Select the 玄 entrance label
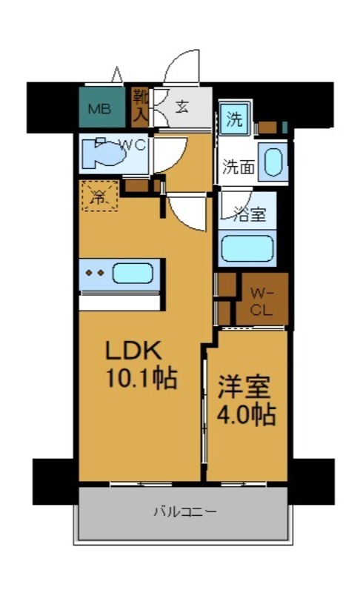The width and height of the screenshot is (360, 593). (x=181, y=105)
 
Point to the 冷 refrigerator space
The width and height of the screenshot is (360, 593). (x=99, y=196)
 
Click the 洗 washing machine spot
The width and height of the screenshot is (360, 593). (x=234, y=119)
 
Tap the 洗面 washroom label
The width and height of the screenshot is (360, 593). (x=239, y=167)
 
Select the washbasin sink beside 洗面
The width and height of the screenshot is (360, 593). (x=273, y=163)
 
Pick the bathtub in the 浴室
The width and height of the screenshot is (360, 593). (x=247, y=249)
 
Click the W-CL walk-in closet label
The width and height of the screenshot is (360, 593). (x=261, y=300)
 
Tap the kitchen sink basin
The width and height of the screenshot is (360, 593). (x=133, y=273)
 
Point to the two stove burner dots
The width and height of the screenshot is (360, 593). (x=94, y=273)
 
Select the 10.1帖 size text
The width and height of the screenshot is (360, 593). (x=141, y=379)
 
